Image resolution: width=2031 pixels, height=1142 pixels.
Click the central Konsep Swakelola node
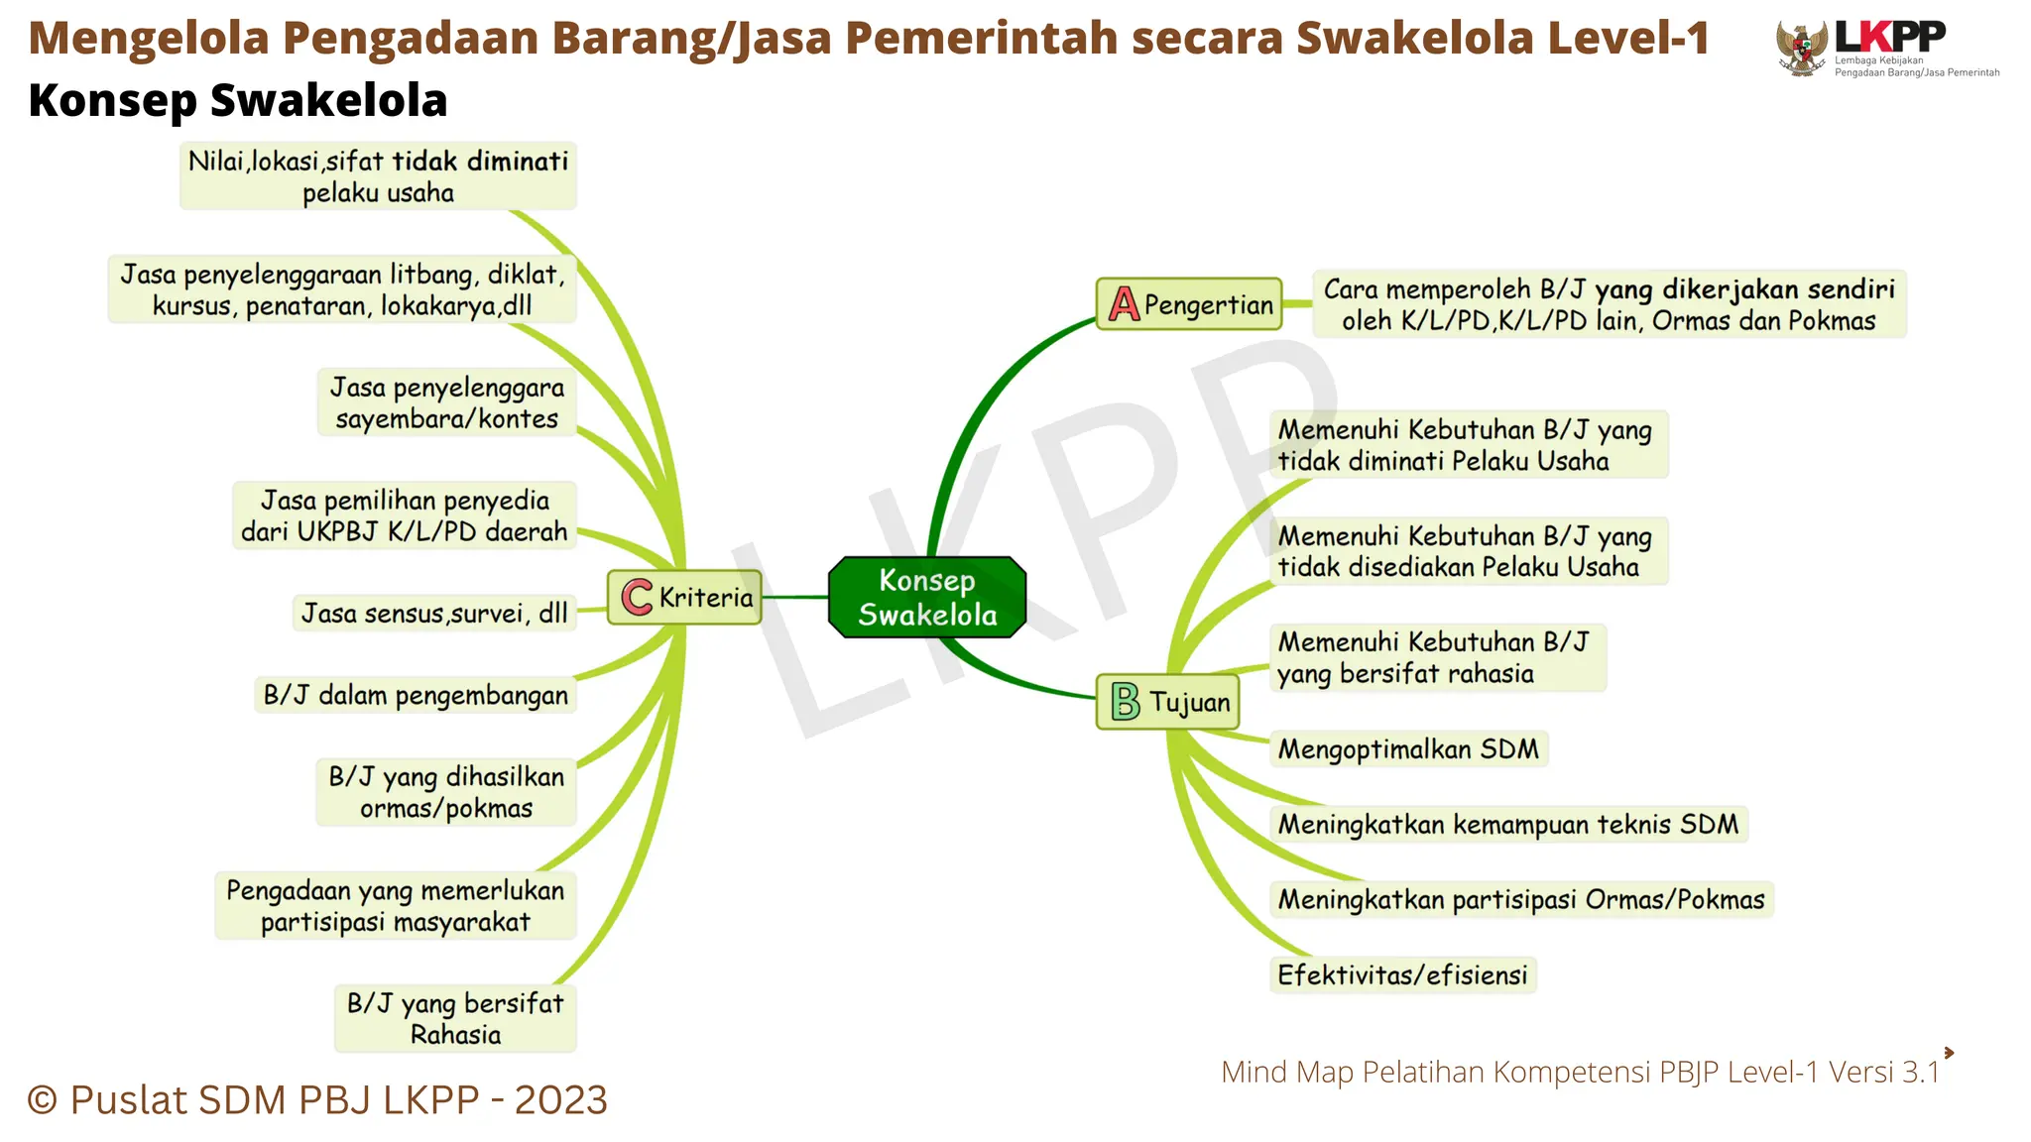point(927,597)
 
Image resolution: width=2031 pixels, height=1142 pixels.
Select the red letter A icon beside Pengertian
point(1124,304)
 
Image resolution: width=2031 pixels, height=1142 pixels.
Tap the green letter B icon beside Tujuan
point(1126,702)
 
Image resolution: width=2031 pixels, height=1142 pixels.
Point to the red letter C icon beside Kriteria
point(636,597)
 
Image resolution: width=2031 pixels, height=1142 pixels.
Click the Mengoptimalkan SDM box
point(1408,749)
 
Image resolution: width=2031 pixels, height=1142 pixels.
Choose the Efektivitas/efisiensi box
point(1402,975)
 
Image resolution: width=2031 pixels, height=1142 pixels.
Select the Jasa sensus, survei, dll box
point(434,614)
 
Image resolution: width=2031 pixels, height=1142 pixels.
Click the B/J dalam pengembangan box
point(416,695)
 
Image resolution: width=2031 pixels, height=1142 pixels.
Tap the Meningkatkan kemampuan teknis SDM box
point(1507,825)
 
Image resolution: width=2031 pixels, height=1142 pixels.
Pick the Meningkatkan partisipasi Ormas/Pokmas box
point(1521,900)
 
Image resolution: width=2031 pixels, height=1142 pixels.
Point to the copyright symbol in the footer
point(43,1100)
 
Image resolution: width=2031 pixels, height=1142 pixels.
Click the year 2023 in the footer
point(560,1100)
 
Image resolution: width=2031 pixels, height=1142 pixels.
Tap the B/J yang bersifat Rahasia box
point(455,1019)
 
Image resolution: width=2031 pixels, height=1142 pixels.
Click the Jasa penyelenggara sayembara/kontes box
point(447,403)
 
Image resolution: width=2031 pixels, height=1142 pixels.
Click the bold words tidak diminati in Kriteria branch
point(480,162)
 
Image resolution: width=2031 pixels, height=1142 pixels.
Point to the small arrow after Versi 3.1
point(1949,1053)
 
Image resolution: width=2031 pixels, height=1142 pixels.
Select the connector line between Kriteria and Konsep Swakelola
point(794,597)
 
